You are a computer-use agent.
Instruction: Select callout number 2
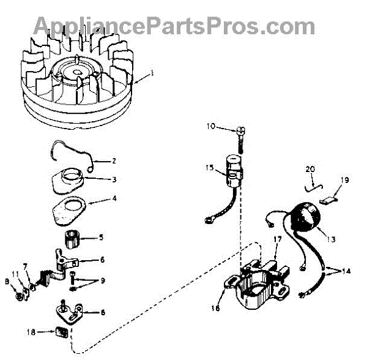point(114,162)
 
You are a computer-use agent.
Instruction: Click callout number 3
point(114,179)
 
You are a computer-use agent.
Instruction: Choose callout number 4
point(114,199)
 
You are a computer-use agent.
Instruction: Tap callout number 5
point(102,238)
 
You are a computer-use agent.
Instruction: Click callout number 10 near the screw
point(211,128)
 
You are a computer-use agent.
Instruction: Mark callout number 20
point(310,168)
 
